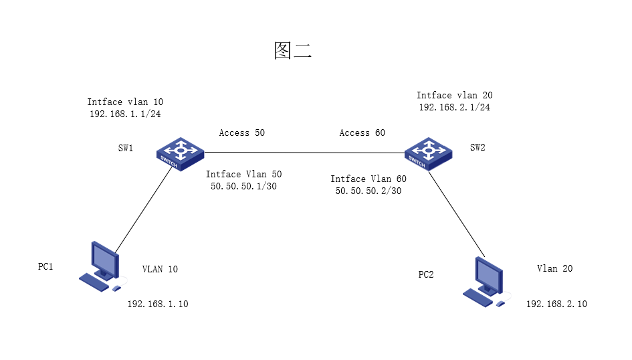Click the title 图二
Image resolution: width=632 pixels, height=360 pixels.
coord(293,51)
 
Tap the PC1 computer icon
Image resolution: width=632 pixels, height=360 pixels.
coord(102,266)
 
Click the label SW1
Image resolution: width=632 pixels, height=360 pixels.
coord(126,148)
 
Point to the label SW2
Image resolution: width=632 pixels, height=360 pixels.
coord(478,148)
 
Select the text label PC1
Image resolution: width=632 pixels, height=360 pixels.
coord(45,266)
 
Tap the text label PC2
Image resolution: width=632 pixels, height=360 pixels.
coord(426,274)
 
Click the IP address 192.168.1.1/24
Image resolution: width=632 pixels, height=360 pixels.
coord(125,114)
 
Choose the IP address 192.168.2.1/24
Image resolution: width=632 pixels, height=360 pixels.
coord(454,107)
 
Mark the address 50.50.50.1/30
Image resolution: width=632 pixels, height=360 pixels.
coord(243,187)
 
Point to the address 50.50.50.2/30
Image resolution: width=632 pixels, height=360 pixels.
coord(368,191)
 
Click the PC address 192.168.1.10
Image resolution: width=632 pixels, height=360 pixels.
coord(158,304)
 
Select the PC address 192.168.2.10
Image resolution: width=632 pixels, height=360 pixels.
coord(556,304)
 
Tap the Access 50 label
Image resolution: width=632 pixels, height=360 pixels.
coord(242,132)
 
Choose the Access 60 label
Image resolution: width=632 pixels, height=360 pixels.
coord(362,132)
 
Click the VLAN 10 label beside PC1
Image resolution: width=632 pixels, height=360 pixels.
coord(160,269)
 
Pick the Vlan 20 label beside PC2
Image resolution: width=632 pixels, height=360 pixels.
coord(554,268)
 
